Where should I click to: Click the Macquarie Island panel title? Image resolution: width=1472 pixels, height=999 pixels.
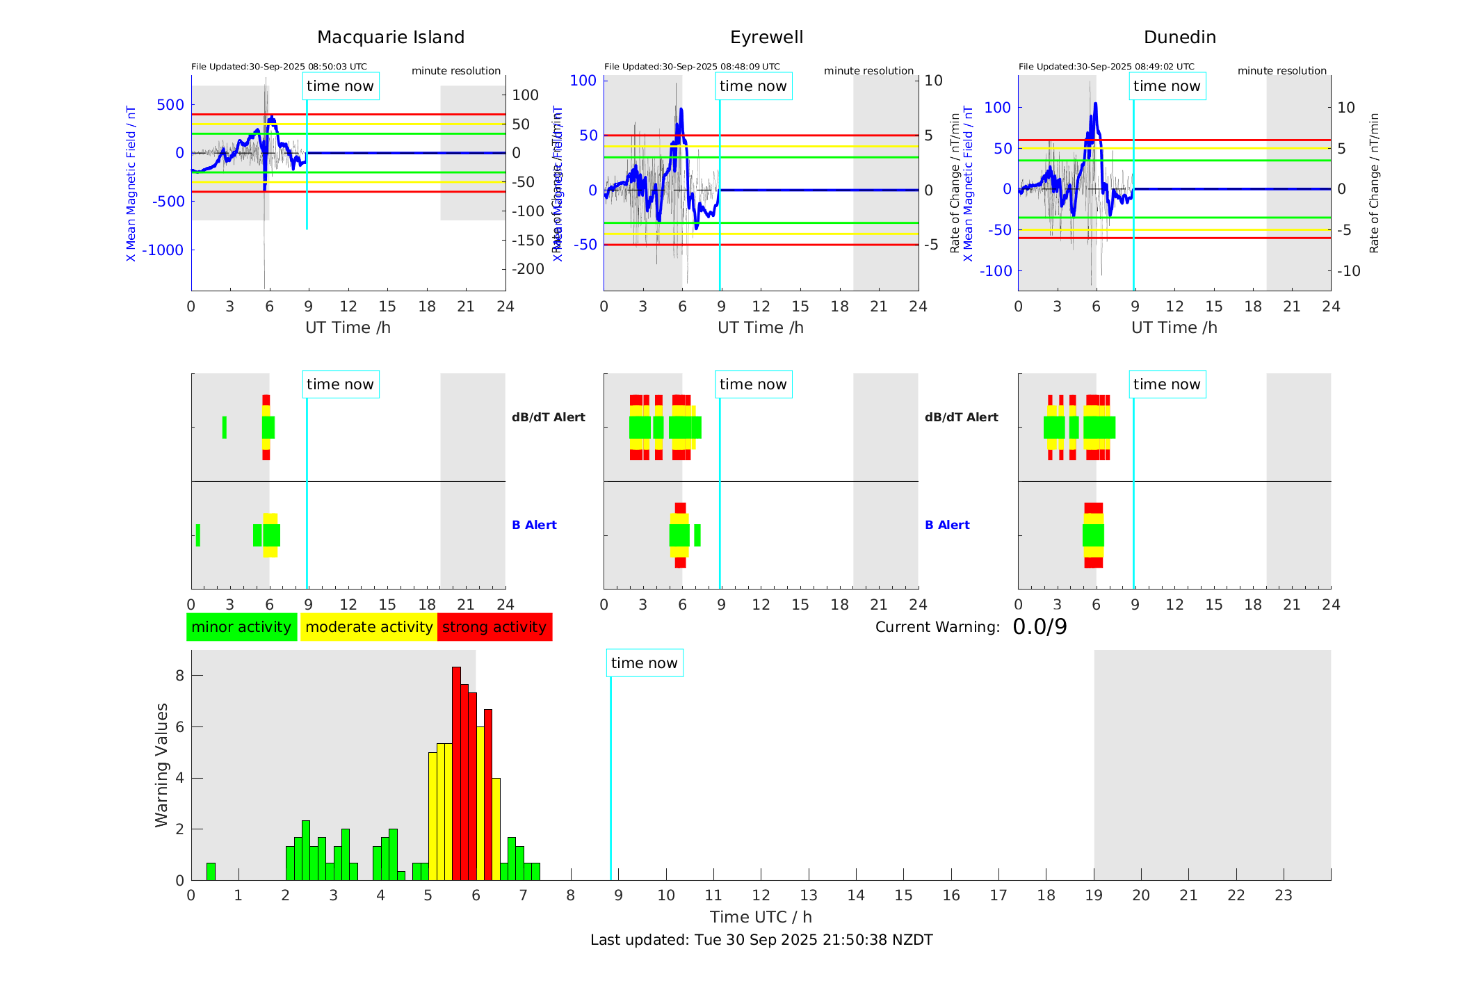coord(391,38)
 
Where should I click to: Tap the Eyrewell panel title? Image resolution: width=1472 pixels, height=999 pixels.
coord(766,38)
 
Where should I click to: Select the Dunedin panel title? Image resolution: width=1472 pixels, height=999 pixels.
coord(1179,38)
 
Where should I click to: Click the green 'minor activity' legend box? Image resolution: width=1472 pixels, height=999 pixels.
coord(241,627)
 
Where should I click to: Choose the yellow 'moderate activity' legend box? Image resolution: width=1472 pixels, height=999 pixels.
coord(369,627)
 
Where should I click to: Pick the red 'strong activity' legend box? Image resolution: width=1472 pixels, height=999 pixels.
coord(494,627)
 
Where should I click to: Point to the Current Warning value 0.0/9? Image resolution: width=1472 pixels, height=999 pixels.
coord(1040,627)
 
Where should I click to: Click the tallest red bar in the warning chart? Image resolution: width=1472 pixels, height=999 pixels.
coord(456,772)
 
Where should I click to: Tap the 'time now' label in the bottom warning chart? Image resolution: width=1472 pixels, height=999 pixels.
coord(644,663)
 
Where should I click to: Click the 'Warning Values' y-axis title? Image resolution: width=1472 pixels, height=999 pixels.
coord(162,765)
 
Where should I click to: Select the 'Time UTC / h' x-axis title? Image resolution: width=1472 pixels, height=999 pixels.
coord(761,917)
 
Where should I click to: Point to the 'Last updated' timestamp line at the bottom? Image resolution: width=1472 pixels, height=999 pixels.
coord(761,940)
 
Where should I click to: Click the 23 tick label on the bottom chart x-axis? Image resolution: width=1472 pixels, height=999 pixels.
coord(1283,895)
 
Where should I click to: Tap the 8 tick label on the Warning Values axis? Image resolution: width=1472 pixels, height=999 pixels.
coord(179,676)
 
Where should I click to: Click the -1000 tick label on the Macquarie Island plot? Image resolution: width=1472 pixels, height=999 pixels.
coord(163,250)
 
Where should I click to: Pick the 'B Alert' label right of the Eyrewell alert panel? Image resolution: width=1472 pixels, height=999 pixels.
coord(947,525)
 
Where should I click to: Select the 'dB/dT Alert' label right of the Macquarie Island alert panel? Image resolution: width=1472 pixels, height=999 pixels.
coord(548,417)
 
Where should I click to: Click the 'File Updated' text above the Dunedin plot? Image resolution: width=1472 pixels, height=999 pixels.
coord(1106,67)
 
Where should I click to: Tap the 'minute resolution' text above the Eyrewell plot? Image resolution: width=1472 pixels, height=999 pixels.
coord(868,71)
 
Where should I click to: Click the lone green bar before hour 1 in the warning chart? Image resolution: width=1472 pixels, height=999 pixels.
coord(211,871)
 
